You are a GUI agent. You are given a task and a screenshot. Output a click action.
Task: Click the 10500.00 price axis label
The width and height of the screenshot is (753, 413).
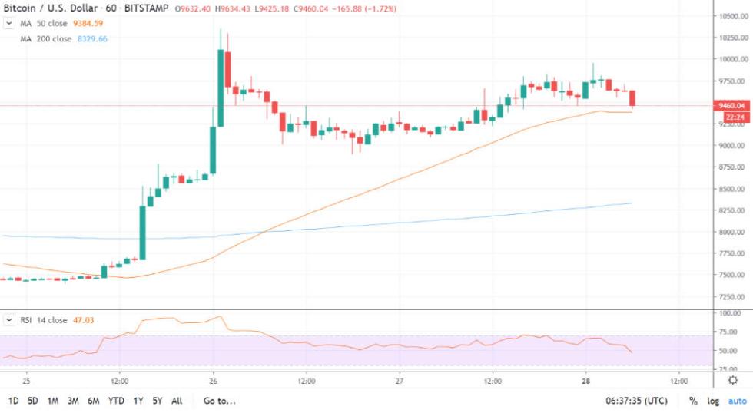pos(730,16)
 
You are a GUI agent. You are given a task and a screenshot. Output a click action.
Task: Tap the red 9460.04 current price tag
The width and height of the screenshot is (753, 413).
pos(729,105)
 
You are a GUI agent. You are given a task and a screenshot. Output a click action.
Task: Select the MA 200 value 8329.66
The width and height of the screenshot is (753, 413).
pos(92,38)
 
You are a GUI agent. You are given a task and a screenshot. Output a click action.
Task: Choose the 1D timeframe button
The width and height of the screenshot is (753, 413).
pos(14,401)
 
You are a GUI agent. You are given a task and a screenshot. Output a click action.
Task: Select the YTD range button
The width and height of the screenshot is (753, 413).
pos(117,401)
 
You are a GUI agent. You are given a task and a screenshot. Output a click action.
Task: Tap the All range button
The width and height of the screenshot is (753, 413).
pos(177,401)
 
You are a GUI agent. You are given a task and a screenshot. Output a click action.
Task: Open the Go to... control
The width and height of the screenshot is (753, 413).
pos(219,401)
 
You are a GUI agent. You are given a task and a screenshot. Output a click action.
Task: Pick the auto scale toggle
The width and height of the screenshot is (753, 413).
pos(738,401)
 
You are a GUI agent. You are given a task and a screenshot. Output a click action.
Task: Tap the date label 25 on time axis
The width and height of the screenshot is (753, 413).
pos(26,380)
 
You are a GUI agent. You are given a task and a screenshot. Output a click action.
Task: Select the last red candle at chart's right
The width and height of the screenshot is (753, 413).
pos(632,99)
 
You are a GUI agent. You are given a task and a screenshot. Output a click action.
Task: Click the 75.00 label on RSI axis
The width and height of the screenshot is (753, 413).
pos(730,332)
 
